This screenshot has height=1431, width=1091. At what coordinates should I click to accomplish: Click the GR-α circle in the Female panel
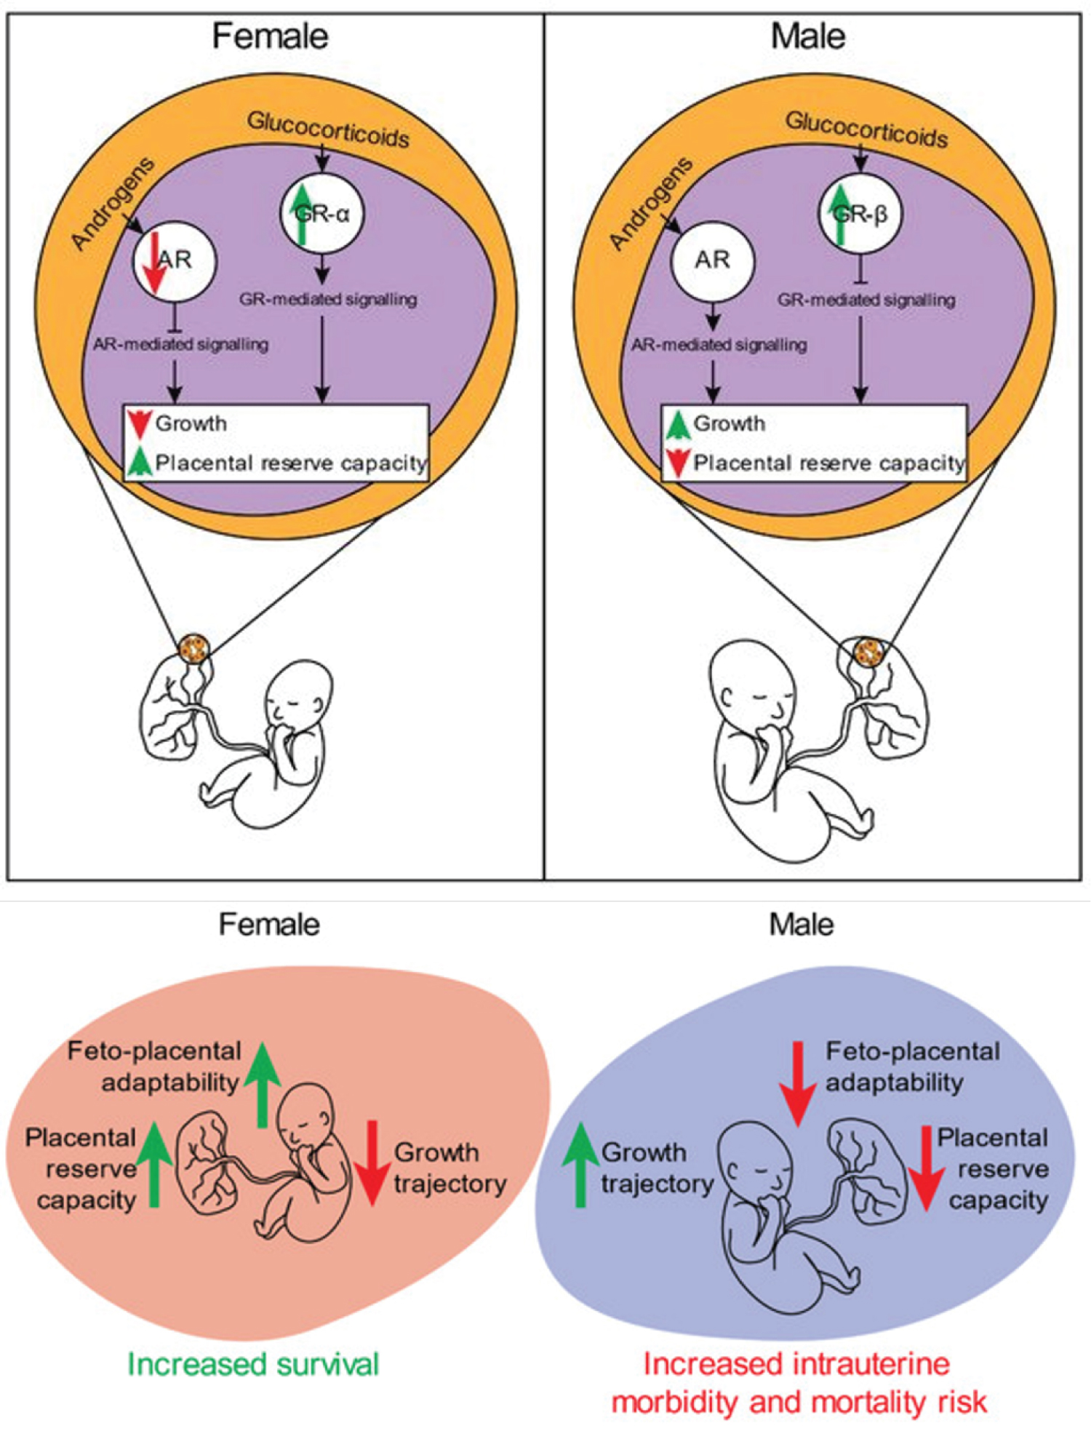(x=322, y=213)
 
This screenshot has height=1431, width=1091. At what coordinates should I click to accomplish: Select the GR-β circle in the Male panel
(x=860, y=213)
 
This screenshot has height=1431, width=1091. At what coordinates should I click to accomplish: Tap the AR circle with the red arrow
(x=175, y=260)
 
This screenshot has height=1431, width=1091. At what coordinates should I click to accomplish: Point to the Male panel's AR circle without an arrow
(x=712, y=260)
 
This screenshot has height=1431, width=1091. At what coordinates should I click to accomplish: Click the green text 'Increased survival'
(x=254, y=1363)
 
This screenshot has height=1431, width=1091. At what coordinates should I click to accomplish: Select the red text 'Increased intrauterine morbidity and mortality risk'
(x=799, y=1382)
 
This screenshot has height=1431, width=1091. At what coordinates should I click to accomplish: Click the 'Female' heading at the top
(x=270, y=36)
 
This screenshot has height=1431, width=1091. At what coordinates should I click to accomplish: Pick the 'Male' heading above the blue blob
(x=802, y=925)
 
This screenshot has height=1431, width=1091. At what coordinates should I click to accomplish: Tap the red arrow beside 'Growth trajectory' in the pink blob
(x=372, y=1163)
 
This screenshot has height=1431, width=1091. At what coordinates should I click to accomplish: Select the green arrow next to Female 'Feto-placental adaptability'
(x=263, y=1084)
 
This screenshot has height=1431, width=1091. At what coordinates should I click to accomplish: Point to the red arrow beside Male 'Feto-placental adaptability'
(x=798, y=1084)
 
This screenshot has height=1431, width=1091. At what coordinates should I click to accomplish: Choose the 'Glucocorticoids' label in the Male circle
(x=866, y=130)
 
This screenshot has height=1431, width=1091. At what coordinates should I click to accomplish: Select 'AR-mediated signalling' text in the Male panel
(x=719, y=345)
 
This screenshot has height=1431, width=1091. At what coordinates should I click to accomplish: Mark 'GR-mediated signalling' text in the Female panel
(x=328, y=299)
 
